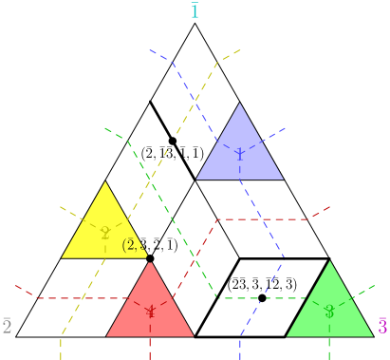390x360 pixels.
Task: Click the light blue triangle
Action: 240,147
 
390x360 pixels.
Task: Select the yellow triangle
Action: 103,226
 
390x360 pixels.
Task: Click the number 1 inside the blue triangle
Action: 240,155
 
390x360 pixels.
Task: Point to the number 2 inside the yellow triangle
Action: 104,234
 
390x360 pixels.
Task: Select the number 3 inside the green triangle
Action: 329,312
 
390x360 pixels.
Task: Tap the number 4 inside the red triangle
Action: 150,312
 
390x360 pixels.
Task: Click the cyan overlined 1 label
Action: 195,11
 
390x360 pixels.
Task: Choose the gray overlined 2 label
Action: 7,327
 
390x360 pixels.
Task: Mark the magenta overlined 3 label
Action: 382,327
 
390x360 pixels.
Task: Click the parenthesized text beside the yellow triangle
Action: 133,245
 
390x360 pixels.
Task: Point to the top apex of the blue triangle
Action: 240,103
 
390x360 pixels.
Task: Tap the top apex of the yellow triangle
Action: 104,181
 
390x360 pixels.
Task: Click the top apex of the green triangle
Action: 329,260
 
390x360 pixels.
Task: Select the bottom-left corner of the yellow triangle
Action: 61,257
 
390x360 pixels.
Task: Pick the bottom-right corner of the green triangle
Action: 374,336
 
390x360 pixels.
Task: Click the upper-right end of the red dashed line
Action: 331,206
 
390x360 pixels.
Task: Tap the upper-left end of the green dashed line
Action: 104,127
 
